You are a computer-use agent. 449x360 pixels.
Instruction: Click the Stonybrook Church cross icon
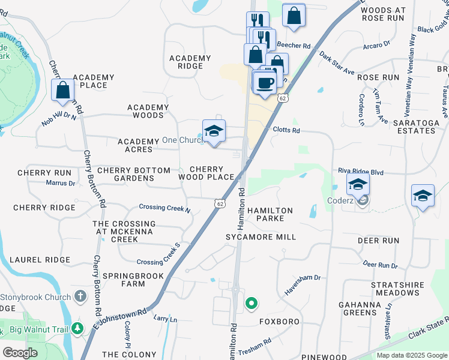[81, 296]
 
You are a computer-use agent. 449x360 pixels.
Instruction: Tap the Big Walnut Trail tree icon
[77, 328]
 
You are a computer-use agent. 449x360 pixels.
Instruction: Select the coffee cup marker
[264, 83]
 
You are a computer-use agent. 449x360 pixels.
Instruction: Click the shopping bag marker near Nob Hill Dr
[63, 91]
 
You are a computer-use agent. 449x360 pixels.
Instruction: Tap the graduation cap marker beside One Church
[214, 132]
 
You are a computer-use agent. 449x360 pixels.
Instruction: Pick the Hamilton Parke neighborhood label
[270, 215]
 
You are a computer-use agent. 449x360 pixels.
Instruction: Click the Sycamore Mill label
[261, 237]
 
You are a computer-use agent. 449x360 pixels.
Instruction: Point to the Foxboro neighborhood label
[279, 322]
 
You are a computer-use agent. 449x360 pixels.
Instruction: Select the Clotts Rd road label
[286, 130]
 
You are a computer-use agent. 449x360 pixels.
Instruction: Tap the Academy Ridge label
[190, 62]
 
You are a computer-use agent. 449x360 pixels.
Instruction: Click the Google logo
[20, 352]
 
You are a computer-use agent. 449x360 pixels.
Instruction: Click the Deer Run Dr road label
[380, 265]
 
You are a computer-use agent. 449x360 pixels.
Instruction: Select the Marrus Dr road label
[60, 183]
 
